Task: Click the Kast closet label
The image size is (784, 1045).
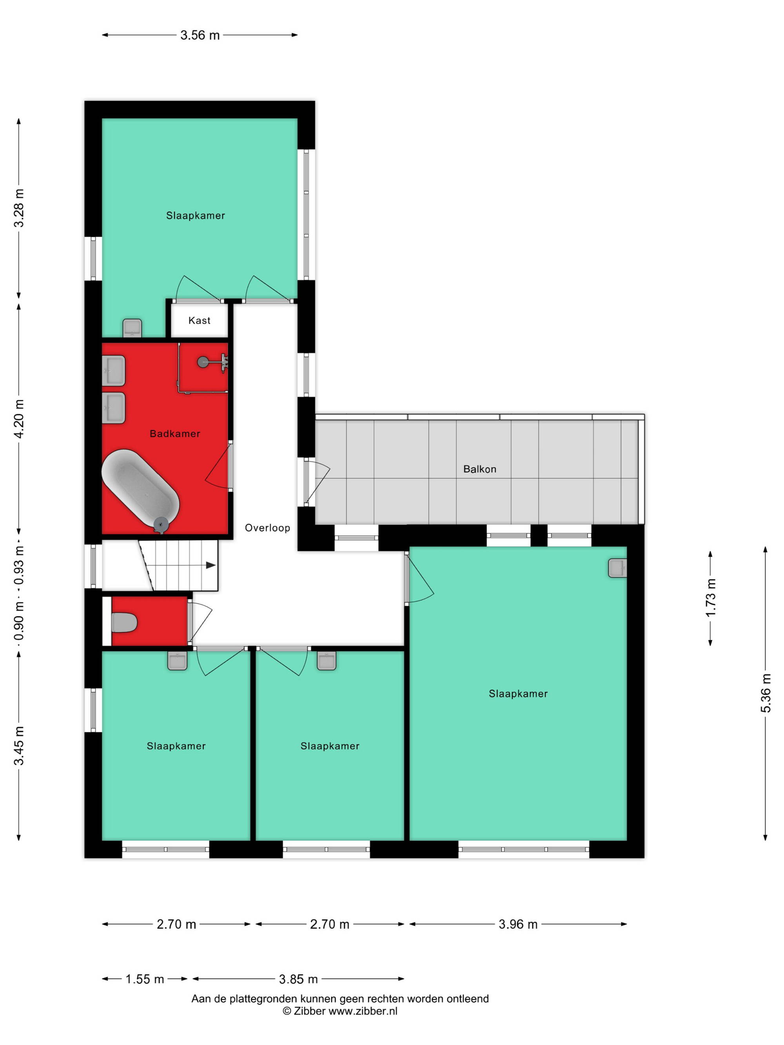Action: tap(199, 320)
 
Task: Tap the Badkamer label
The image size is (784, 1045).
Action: tap(175, 434)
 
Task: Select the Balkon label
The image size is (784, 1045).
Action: tap(480, 469)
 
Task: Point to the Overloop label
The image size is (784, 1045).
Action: tap(267, 528)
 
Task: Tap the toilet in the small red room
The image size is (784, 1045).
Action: tap(124, 622)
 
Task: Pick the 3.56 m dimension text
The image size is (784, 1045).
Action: tap(200, 35)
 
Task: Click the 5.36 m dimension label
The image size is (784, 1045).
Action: tap(766, 693)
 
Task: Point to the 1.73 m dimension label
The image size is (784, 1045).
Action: tap(711, 598)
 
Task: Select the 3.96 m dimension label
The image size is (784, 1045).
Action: tap(518, 924)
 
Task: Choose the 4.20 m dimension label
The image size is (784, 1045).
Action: tap(19, 418)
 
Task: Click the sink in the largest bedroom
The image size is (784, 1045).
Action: tap(617, 568)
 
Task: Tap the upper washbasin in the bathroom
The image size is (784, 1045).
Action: tap(113, 370)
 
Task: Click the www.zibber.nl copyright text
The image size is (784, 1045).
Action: tap(340, 1011)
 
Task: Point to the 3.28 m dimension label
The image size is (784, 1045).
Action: tap(19, 208)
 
